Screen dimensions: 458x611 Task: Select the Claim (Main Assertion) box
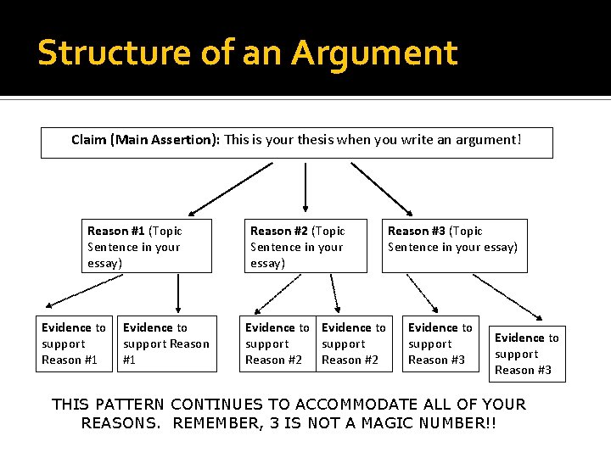pyautogui.click(x=297, y=142)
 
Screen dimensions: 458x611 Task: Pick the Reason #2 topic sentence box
pyautogui.click(x=305, y=246)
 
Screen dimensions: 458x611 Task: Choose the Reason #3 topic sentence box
pyautogui.click(x=454, y=246)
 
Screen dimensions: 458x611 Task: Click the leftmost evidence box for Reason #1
pyautogui.click(x=75, y=343)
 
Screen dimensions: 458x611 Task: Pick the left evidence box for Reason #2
pyautogui.click(x=277, y=343)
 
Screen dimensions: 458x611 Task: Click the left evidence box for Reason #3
pyautogui.click(x=440, y=343)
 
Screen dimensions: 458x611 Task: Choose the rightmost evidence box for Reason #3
pyautogui.click(x=527, y=354)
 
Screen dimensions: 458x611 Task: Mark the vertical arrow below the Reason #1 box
pyautogui.click(x=178, y=293)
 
